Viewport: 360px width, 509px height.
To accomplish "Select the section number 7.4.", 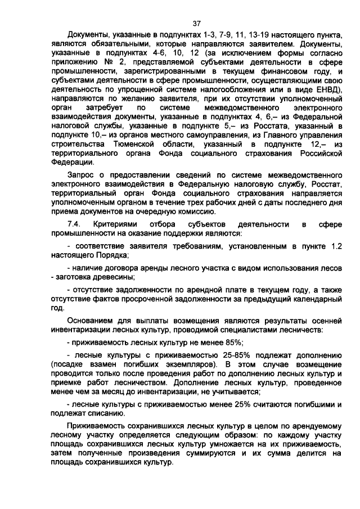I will pos(74,224).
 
